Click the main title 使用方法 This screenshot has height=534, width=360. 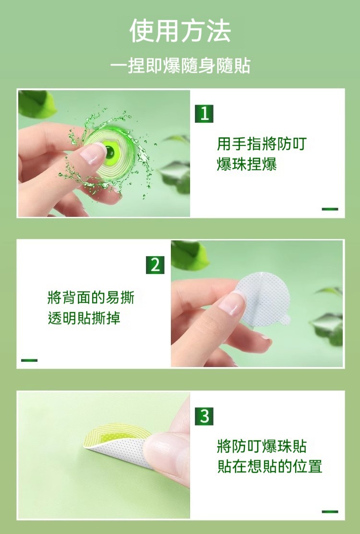180,31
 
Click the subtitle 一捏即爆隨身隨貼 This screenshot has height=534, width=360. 180,65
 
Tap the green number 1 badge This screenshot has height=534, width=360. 204,113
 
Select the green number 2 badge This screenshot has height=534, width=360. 155,265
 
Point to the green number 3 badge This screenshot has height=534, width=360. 204,416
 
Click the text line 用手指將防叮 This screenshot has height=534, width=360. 262,144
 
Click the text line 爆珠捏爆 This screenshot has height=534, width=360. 247,164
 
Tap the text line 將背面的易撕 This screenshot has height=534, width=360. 91,297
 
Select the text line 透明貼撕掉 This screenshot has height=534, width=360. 84,318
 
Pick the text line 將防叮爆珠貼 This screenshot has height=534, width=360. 262,446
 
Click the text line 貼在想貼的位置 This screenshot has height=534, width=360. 269,466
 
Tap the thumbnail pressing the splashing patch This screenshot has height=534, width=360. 93,154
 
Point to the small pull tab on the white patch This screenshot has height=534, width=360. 286,320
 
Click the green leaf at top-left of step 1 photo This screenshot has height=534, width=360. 37,104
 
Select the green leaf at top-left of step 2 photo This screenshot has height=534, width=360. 189,255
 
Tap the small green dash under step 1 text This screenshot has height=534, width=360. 330,209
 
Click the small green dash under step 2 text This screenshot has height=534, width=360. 29,360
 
